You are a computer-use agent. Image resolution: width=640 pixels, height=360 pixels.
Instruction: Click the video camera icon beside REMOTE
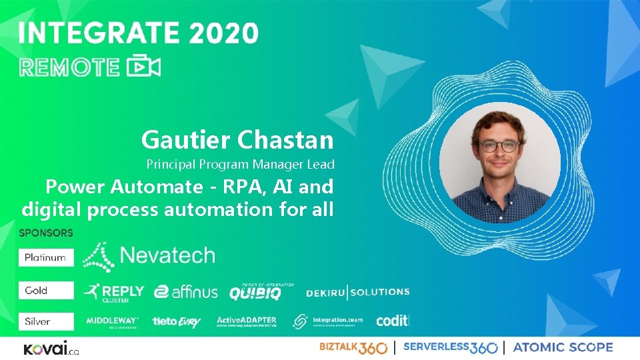click(144, 67)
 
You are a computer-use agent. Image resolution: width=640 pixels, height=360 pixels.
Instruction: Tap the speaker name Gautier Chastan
click(237, 140)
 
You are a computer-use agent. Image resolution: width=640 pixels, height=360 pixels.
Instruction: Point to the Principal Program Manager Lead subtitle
click(240, 164)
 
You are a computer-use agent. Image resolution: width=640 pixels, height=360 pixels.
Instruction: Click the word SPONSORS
click(46, 233)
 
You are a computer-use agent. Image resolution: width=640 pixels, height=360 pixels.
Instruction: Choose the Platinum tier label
click(45, 257)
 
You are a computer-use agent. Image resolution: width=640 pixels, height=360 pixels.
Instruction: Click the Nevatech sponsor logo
click(149, 256)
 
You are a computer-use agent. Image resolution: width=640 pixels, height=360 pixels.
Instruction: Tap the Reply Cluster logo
click(114, 292)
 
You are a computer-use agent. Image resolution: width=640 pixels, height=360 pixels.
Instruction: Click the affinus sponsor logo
click(186, 292)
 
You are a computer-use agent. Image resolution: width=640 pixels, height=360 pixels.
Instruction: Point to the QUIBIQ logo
click(255, 291)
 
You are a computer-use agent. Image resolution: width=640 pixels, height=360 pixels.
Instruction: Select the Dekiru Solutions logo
click(358, 292)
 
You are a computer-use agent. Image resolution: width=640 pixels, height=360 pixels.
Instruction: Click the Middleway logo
click(112, 322)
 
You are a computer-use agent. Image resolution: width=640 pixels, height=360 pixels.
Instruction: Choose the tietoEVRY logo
click(177, 322)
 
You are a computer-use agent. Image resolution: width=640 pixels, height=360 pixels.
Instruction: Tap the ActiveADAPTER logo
click(247, 321)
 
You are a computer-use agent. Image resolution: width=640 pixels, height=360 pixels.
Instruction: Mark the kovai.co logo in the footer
click(51, 349)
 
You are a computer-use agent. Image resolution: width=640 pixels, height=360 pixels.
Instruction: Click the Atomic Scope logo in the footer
click(563, 347)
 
